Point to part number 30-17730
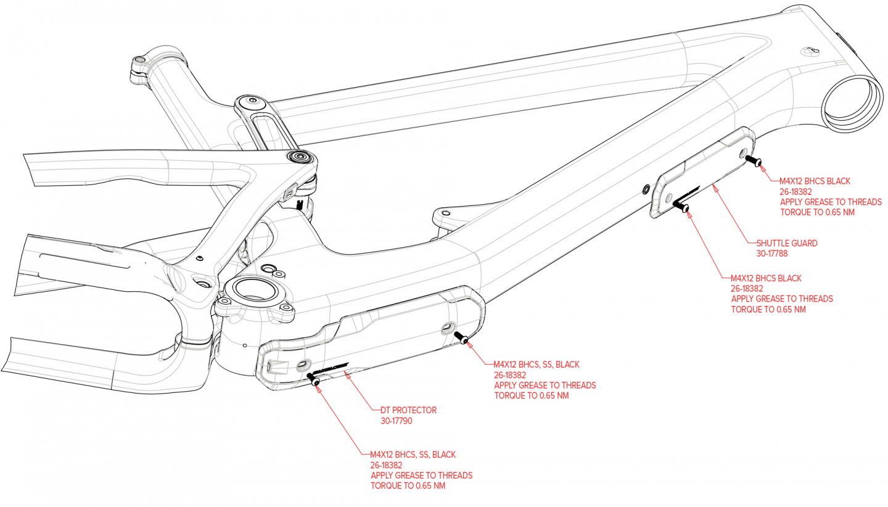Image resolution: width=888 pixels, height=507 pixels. [397, 421]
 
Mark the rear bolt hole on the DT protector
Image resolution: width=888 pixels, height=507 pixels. [302, 366]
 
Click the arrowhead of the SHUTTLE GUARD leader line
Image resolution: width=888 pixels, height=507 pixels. [714, 186]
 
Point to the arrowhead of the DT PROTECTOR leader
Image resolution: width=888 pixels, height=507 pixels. [346, 371]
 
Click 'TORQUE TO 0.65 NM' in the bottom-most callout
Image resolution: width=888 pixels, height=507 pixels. [408, 485]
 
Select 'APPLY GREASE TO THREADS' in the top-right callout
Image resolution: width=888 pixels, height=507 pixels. [831, 202]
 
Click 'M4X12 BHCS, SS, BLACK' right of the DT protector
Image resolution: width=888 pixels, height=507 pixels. [536, 365]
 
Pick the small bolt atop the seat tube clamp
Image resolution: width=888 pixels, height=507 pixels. [139, 60]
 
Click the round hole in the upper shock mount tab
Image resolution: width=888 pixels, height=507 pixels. [250, 100]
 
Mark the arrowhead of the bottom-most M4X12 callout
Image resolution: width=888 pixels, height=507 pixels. [318, 387]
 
